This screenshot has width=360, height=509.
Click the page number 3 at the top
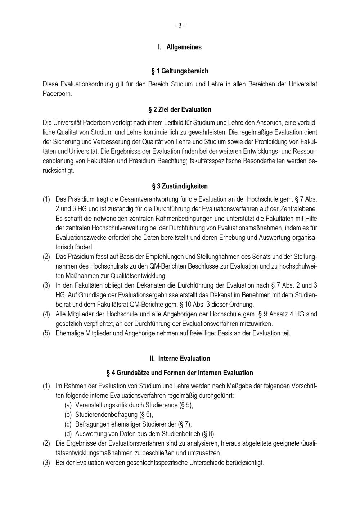pyautogui.click(x=180, y=26)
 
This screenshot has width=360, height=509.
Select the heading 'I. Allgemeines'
pyautogui.click(x=180, y=47)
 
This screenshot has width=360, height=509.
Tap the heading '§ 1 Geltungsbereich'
pyautogui.click(x=180, y=71)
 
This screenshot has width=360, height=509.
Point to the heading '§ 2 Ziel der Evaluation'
pyautogui.click(x=180, y=109)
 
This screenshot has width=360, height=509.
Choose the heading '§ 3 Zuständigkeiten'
pyautogui.click(x=180, y=186)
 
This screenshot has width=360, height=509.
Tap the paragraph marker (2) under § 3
pyautogui.click(x=46, y=257)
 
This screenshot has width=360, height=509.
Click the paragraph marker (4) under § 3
pyautogui.click(x=46, y=314)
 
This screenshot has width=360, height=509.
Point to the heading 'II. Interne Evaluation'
pyautogui.click(x=180, y=359)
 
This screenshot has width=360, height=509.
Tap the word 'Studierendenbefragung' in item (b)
pyautogui.click(x=107, y=415)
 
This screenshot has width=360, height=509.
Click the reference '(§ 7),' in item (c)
pyautogui.click(x=185, y=424)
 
